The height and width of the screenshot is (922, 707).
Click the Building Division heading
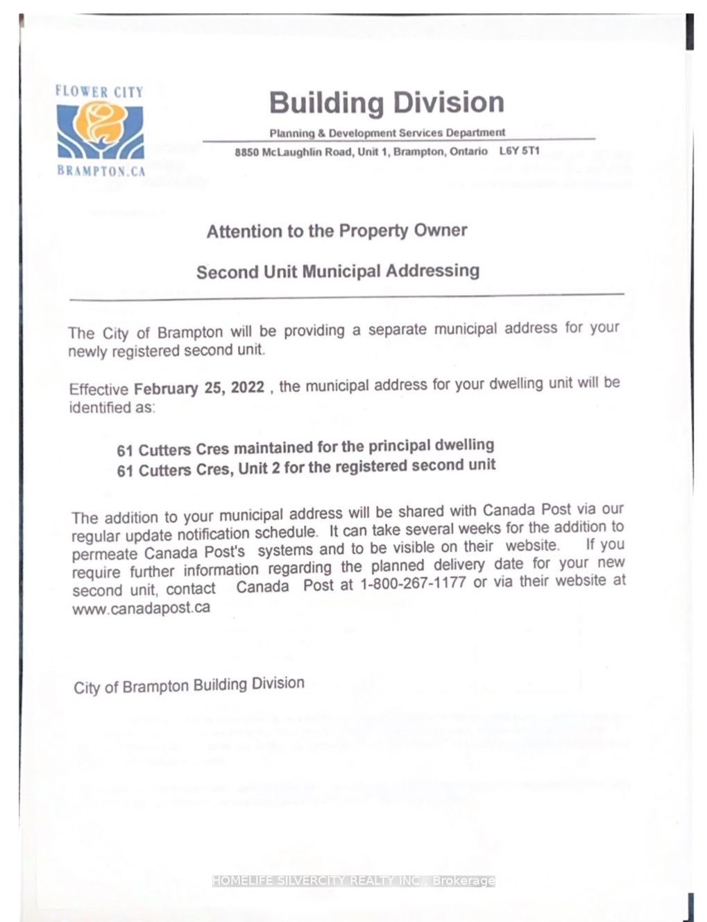386,103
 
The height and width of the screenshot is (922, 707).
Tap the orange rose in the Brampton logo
100,121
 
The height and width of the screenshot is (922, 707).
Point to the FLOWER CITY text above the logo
99,92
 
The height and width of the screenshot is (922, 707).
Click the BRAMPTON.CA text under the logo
101,171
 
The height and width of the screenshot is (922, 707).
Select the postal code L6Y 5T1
519,151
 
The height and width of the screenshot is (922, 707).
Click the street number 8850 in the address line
246,153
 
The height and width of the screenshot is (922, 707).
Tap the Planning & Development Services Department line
387,133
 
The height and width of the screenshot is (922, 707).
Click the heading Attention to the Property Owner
337,230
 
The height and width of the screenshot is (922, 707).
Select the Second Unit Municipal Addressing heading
338,271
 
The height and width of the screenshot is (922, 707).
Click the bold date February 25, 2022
199,387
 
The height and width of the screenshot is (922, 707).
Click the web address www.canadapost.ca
141,608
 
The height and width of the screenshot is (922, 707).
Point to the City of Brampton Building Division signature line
189,686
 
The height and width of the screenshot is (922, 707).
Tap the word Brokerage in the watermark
464,880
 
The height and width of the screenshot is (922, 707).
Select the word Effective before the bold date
99,389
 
